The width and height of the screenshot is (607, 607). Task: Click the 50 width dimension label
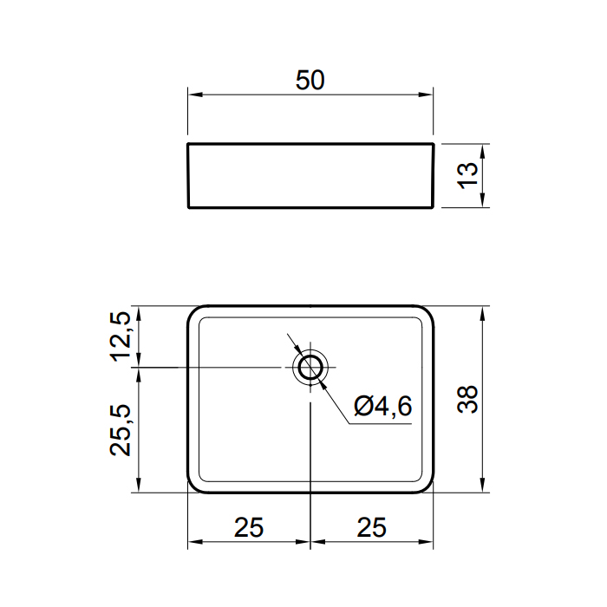(x=310, y=80)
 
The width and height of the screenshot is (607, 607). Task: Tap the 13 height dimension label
(x=467, y=175)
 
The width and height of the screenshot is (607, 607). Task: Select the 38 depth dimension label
(x=467, y=400)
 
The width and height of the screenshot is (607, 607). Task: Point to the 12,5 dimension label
(x=121, y=336)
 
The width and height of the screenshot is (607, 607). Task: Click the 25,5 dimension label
(x=121, y=430)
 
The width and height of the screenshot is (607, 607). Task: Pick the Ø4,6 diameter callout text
(x=383, y=407)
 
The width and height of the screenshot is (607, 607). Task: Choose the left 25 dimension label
(x=249, y=527)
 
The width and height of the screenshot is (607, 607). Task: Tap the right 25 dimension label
(x=372, y=527)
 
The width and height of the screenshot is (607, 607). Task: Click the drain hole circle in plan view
(x=310, y=357)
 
